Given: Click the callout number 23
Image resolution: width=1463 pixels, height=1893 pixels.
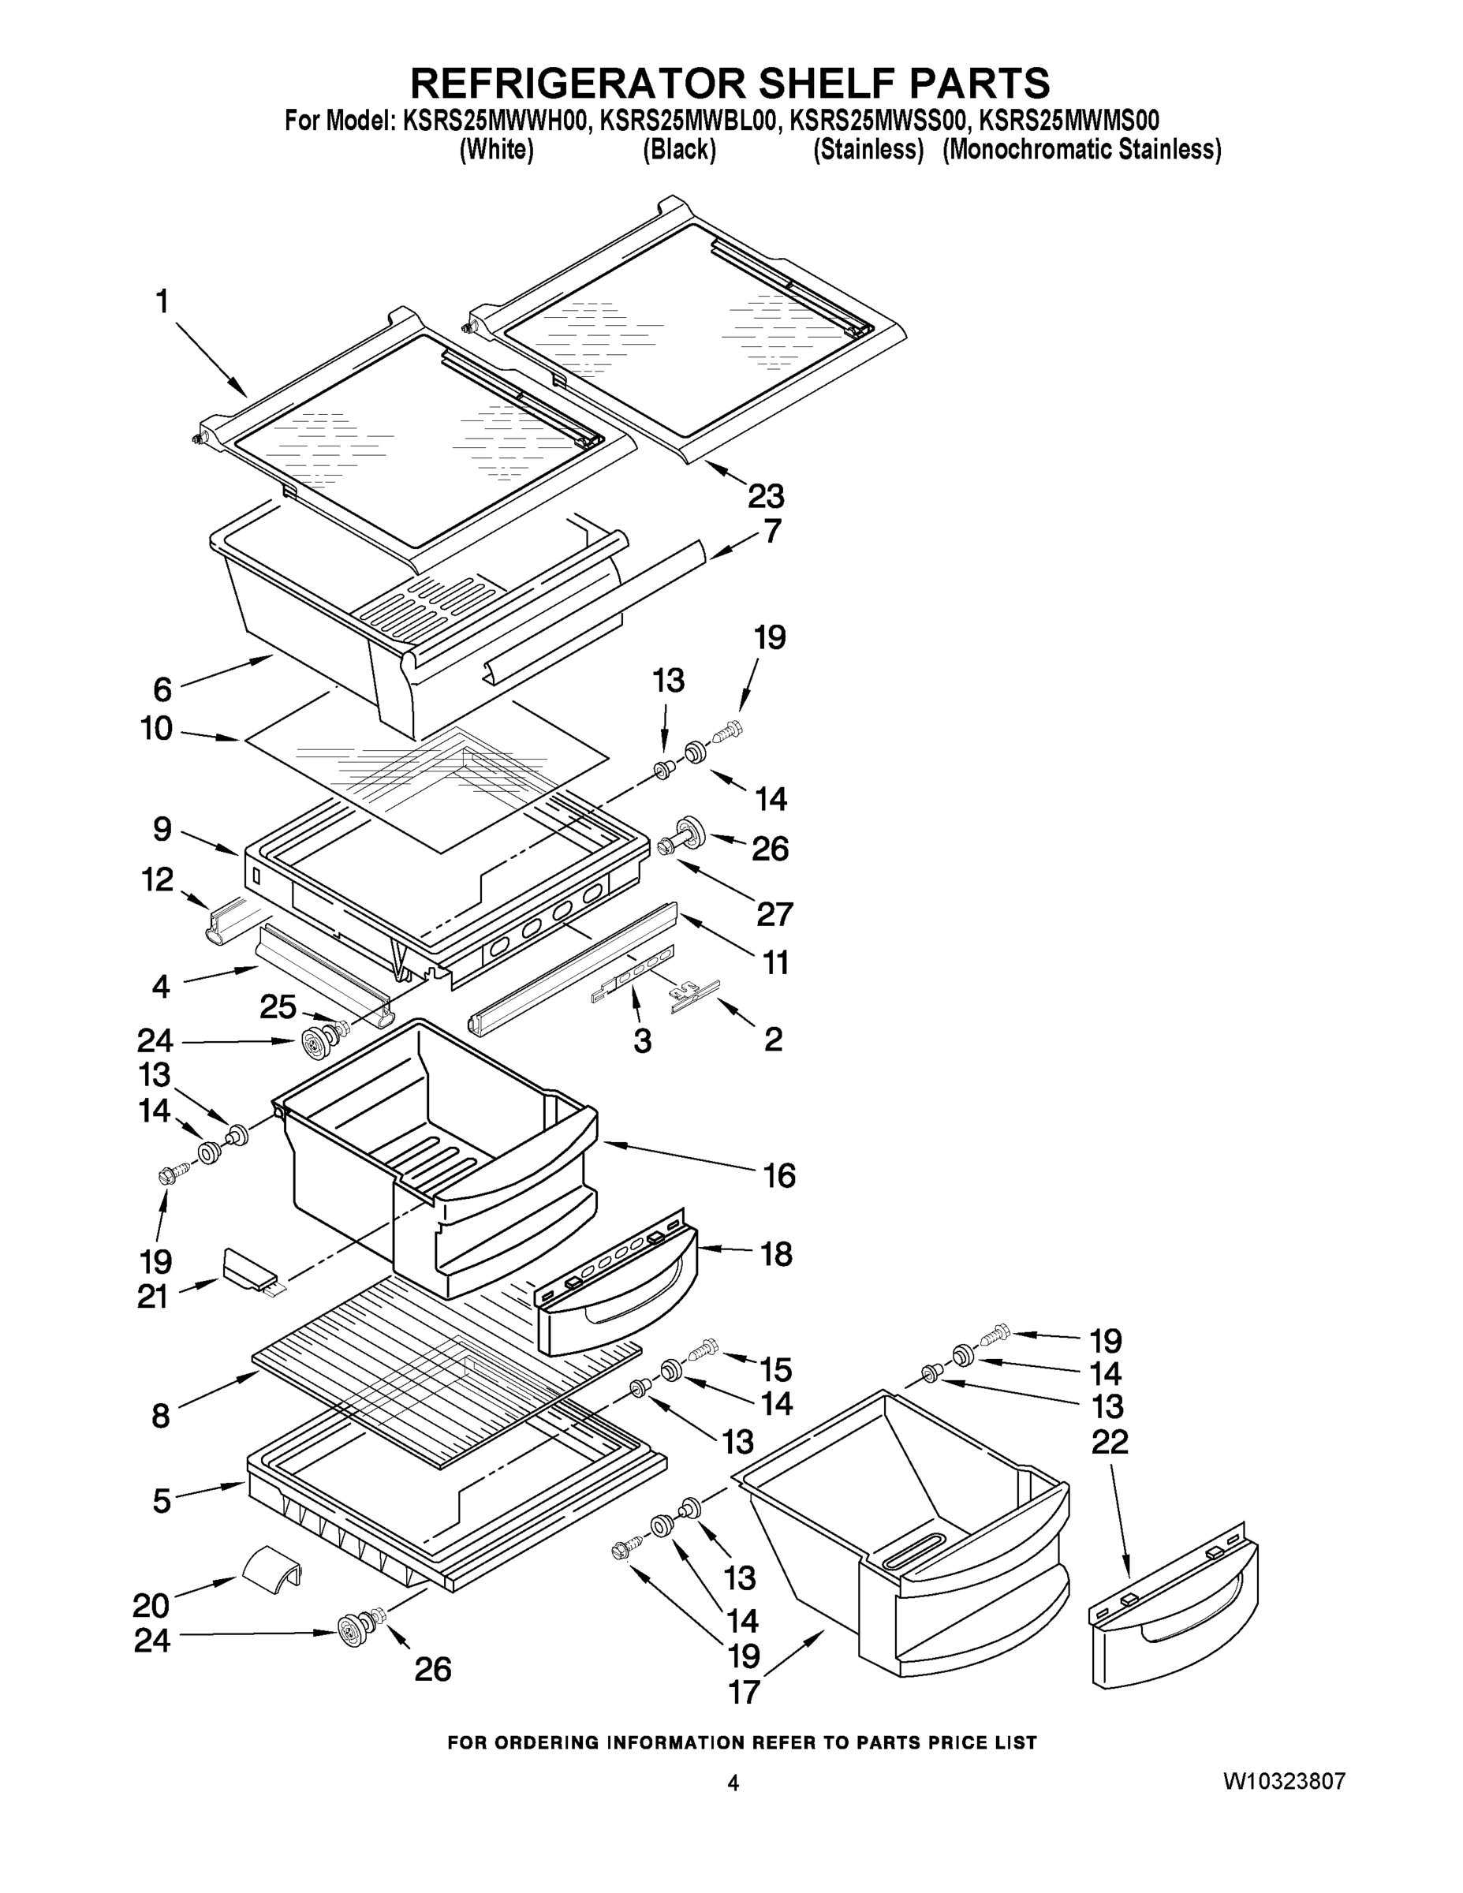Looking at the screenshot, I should (x=765, y=497).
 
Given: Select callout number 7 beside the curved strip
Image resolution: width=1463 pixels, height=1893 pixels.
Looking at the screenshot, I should (x=772, y=532).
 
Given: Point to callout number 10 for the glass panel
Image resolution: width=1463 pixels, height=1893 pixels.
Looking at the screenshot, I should (x=157, y=729).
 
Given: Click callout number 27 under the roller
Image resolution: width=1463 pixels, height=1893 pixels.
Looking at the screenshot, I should (x=774, y=913).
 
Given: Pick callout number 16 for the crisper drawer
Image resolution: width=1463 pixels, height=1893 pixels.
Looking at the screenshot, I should (x=778, y=1176).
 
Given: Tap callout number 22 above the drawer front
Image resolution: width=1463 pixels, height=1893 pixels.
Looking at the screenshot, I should (x=1110, y=1441).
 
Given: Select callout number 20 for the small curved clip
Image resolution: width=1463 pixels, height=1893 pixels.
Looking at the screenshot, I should (x=151, y=1606).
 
